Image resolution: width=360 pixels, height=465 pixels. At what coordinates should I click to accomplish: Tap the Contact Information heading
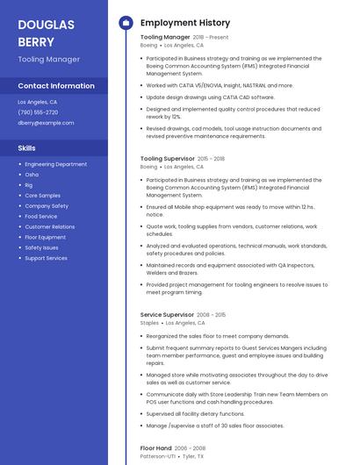56,86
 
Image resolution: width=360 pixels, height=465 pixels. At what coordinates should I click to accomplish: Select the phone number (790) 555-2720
38,112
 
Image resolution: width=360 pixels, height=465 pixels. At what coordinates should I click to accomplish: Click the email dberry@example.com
46,123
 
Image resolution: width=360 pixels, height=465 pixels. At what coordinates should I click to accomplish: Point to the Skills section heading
27,148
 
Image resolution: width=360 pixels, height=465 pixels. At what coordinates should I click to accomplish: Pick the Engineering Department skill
55,164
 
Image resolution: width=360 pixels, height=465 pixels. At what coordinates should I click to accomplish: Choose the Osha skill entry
32,175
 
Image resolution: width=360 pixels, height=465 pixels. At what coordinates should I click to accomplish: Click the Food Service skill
40,216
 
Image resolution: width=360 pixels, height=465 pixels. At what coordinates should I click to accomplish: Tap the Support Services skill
46,258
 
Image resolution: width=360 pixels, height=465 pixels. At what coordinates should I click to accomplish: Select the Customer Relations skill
49,226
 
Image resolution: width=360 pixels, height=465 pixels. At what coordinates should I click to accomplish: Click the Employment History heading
185,23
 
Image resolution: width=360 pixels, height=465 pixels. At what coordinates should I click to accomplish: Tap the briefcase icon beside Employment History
126,23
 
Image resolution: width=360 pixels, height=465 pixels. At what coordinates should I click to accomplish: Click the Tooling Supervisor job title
167,159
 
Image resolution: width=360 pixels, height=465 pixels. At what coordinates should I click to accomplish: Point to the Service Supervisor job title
167,314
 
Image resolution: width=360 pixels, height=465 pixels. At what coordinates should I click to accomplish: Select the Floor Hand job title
155,448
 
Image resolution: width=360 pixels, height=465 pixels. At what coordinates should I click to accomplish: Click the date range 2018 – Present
211,38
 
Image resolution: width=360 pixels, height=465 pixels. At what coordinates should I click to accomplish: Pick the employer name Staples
149,323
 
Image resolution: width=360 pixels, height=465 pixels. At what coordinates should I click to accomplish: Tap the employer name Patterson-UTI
156,457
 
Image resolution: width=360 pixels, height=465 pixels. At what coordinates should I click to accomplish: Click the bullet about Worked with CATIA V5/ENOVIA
220,86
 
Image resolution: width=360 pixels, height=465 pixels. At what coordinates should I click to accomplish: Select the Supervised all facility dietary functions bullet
195,413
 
